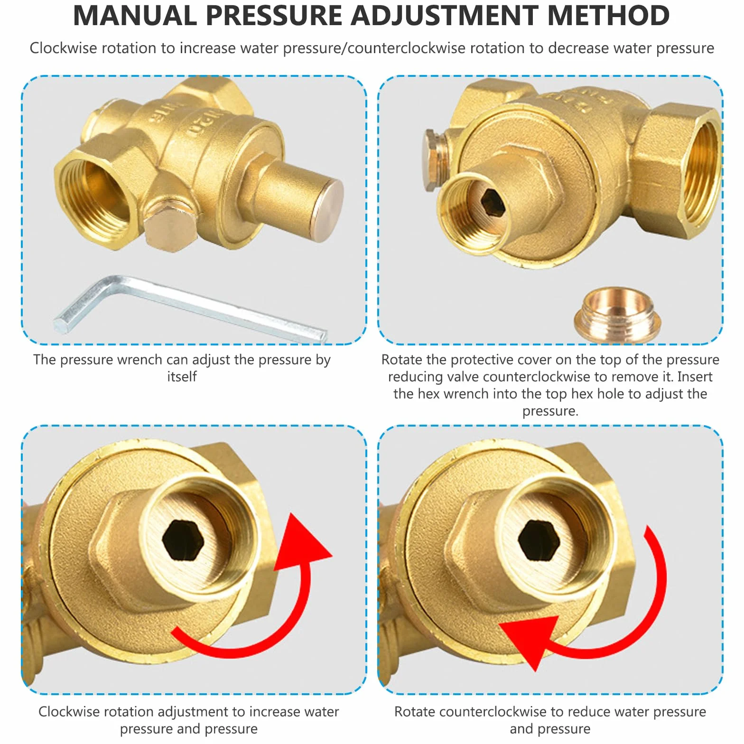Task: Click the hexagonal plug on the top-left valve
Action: (170, 229)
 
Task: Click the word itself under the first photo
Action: (182, 376)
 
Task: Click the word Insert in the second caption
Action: (695, 377)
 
